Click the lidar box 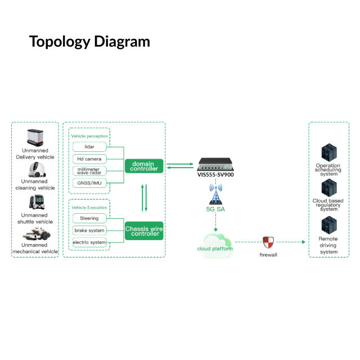tap(89, 147)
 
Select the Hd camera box tap(89, 159)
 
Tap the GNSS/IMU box tap(89, 183)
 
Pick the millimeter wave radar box tap(89, 171)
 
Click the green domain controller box tap(143, 165)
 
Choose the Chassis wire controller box tap(143, 230)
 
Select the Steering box tap(89, 218)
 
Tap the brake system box tap(89, 230)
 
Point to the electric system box tap(89, 242)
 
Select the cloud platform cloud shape tap(215, 246)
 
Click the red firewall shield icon tap(268, 242)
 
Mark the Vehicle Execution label tap(89, 208)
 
